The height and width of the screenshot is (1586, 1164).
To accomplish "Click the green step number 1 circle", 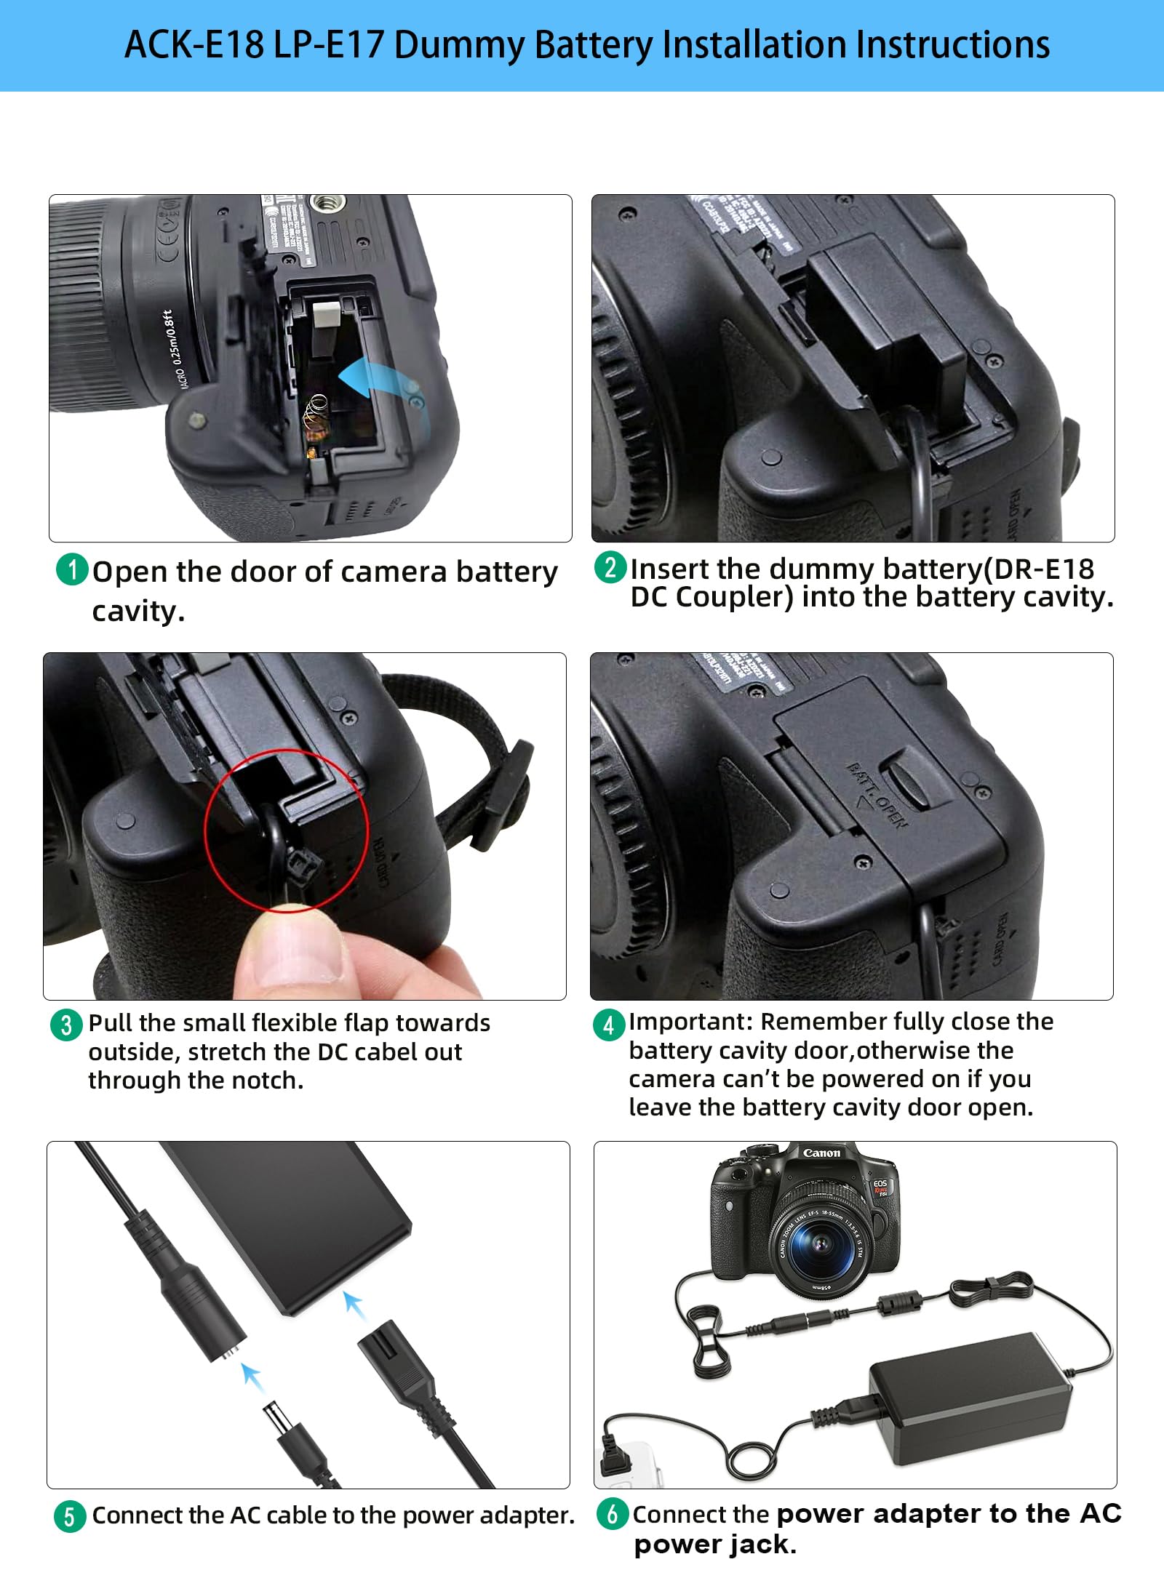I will coord(71,569).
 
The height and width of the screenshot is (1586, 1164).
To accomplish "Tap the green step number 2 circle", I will coord(610,566).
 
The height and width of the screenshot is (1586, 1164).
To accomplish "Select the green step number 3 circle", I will coord(66,1025).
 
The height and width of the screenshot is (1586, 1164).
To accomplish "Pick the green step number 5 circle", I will coord(69,1516).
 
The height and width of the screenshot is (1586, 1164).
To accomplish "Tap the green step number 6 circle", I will coord(612,1513).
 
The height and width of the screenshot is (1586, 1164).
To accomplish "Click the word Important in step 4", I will coord(690,1022).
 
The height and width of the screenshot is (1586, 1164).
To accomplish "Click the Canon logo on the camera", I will coord(821,1153).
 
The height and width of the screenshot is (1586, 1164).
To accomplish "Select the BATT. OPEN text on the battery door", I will coord(877,795).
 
